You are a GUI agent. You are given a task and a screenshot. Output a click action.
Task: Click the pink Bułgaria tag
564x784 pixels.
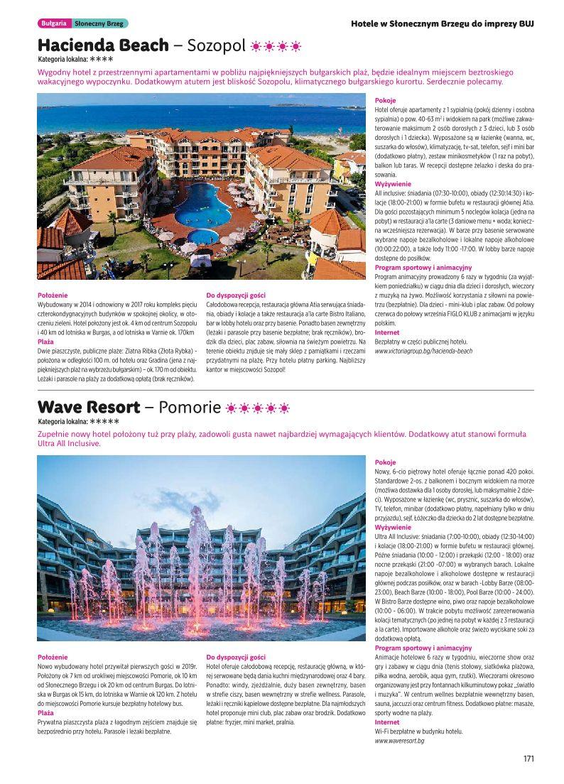click(54, 23)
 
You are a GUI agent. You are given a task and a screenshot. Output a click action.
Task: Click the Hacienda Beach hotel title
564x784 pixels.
click(103, 45)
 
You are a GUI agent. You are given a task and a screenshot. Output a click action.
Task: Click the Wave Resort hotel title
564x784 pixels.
click(88, 408)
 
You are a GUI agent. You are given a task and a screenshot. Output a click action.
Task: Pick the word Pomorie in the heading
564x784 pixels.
click(190, 408)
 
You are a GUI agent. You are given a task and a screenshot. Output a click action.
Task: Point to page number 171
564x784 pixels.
click(528, 759)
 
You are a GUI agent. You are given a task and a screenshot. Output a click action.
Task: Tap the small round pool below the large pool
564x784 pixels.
click(203, 236)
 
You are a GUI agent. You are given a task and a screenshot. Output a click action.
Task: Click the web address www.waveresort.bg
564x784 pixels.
click(399, 741)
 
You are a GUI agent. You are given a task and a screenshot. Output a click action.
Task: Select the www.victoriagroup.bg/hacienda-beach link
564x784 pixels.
click(423, 351)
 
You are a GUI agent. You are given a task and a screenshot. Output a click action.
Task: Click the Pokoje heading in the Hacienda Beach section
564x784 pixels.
click(385, 101)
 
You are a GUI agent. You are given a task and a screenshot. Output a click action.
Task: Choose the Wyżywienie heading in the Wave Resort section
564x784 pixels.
click(392, 528)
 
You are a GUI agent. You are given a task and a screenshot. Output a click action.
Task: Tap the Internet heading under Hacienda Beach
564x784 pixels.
click(386, 332)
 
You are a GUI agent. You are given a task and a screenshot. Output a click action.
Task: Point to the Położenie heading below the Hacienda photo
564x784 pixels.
click(53, 295)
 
